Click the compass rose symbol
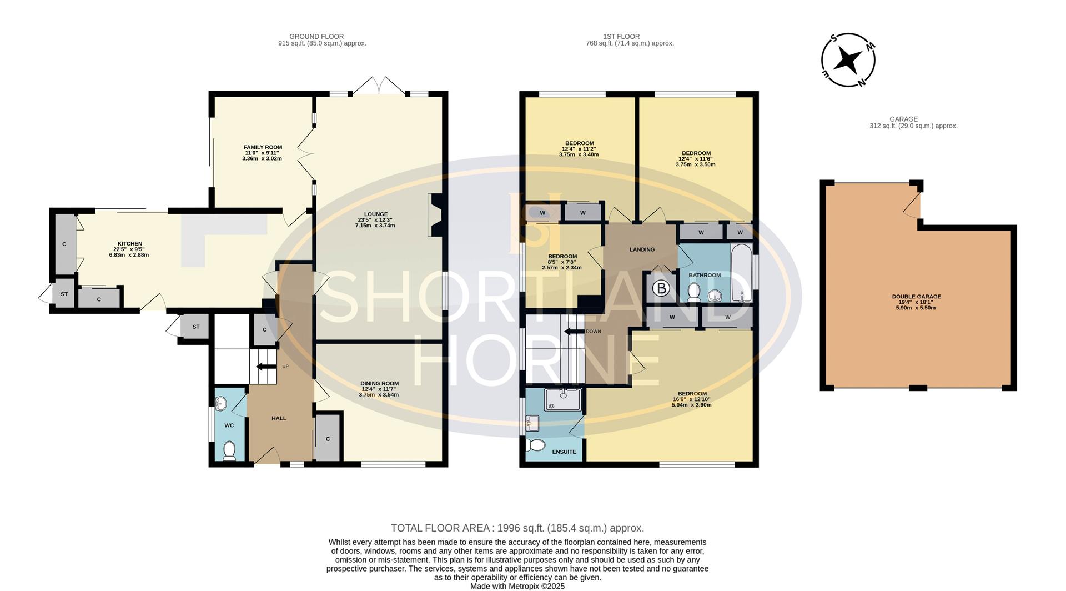848,60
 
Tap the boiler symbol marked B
661,289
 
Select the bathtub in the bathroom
741,272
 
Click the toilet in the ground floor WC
229,451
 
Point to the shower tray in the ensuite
563,400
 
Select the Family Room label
263,147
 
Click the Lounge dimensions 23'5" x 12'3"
375,220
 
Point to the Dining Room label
379,383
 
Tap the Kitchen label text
130,243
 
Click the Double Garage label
916,297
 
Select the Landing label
642,249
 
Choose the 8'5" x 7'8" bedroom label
562,262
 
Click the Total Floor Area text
517,528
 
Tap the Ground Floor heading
316,37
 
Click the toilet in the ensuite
536,445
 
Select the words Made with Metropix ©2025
517,586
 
